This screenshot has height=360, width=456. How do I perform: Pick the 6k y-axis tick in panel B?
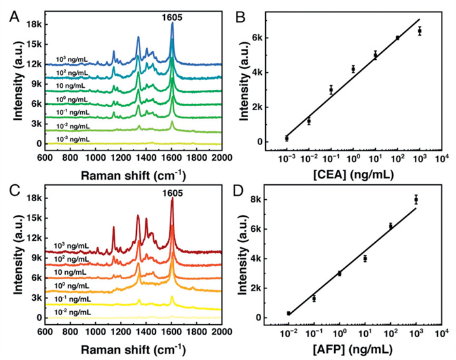coord(257,38)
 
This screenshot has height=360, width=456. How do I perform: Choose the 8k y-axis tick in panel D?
coord(257,199)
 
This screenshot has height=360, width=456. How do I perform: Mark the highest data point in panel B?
coord(420,31)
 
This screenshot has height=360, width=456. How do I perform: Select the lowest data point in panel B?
coord(287,138)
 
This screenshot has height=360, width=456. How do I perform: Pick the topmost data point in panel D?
coord(416,199)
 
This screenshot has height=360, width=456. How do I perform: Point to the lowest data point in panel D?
coord(288,314)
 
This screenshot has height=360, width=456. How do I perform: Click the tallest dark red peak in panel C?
coord(172,201)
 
